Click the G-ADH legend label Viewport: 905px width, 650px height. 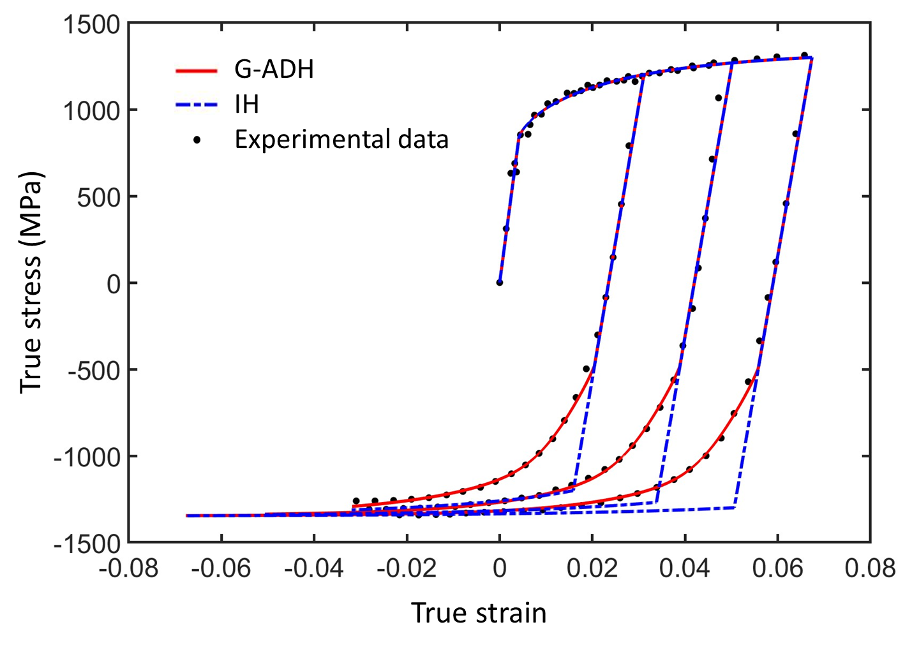coord(274,70)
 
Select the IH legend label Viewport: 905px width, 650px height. coord(247,104)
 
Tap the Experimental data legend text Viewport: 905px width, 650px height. coord(341,139)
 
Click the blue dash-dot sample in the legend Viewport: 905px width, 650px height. coord(197,105)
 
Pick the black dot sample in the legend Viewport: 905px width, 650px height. coord(197,140)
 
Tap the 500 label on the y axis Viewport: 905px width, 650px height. coord(98,198)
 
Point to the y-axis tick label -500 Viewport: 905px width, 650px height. coord(94,371)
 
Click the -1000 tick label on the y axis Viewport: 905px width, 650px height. coord(87,457)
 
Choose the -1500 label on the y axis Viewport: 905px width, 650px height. coord(87,544)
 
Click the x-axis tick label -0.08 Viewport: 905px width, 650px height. coord(128,568)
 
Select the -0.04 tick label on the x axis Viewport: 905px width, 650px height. coord(313,568)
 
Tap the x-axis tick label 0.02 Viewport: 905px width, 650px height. coord(592,568)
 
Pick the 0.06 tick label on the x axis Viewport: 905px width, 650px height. coord(777,568)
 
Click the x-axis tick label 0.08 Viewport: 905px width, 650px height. coord(870,568)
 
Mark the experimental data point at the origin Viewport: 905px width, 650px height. coord(500,283)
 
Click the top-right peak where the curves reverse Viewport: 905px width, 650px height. coord(811,58)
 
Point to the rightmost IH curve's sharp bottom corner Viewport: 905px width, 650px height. coord(735,507)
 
